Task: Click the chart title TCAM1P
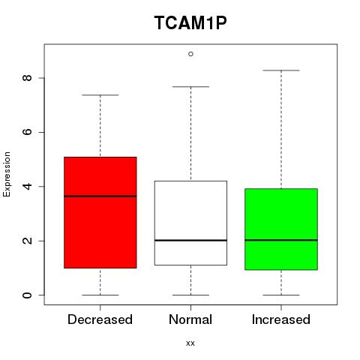pyautogui.click(x=190, y=22)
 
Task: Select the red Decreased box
pyautogui.click(x=100, y=212)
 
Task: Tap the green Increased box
pyautogui.click(x=281, y=229)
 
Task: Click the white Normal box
pyautogui.click(x=190, y=223)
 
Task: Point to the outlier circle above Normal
pyautogui.click(x=190, y=54)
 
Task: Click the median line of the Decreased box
pyautogui.click(x=100, y=196)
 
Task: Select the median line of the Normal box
pyautogui.click(x=190, y=240)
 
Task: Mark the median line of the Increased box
pyautogui.click(x=281, y=240)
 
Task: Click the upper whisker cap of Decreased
pyautogui.click(x=100, y=95)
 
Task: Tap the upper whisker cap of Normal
pyautogui.click(x=190, y=87)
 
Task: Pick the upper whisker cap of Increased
pyautogui.click(x=281, y=70)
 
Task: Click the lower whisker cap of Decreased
pyautogui.click(x=100, y=295)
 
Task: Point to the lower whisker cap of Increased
pyautogui.click(x=281, y=295)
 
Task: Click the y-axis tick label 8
pyautogui.click(x=27, y=78)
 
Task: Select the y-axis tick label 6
pyautogui.click(x=27, y=132)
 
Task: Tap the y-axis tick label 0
pyautogui.click(x=27, y=295)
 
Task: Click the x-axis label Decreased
pyautogui.click(x=100, y=319)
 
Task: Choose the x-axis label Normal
pyautogui.click(x=190, y=319)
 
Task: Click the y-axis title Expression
pyautogui.click(x=7, y=174)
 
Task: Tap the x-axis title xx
pyautogui.click(x=190, y=343)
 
